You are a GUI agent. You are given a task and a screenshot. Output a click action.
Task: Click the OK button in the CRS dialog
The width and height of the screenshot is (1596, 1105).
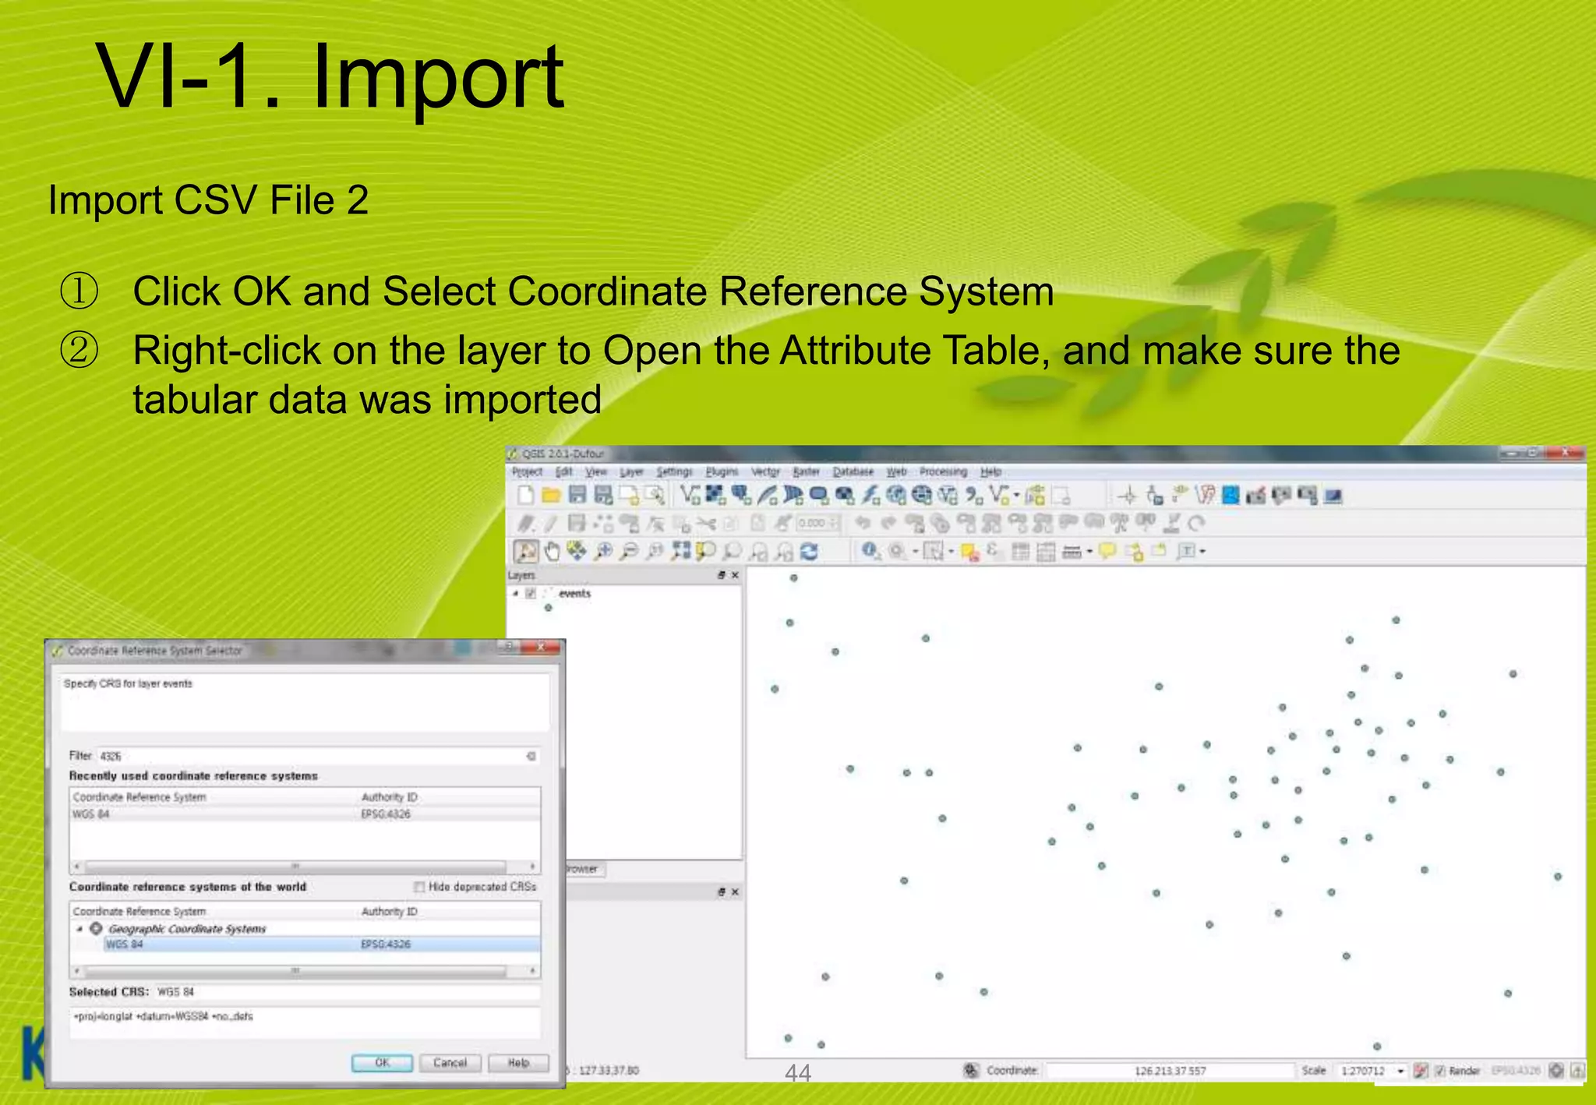click(382, 1063)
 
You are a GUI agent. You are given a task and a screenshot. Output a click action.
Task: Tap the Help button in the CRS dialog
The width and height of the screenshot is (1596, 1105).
click(518, 1063)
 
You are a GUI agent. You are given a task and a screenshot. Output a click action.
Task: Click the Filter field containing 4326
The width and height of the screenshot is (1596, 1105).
click(312, 756)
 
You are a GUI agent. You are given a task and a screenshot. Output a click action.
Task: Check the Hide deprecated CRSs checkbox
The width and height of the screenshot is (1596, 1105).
click(419, 887)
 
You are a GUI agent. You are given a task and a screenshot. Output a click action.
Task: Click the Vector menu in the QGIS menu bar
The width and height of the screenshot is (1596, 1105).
click(764, 472)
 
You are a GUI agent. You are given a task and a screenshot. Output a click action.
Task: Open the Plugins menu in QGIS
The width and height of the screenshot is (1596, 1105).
click(722, 472)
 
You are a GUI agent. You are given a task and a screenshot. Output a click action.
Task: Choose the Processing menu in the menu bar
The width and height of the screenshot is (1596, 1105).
click(943, 472)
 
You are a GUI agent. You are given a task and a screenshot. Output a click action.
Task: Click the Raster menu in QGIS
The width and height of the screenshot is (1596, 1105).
click(806, 472)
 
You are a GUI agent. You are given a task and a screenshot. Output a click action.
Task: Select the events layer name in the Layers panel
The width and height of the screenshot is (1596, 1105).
click(574, 594)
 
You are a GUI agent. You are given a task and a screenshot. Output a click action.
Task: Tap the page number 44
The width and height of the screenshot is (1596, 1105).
click(798, 1074)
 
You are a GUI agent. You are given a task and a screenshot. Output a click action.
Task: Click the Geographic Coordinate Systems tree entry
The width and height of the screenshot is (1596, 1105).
click(187, 929)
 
